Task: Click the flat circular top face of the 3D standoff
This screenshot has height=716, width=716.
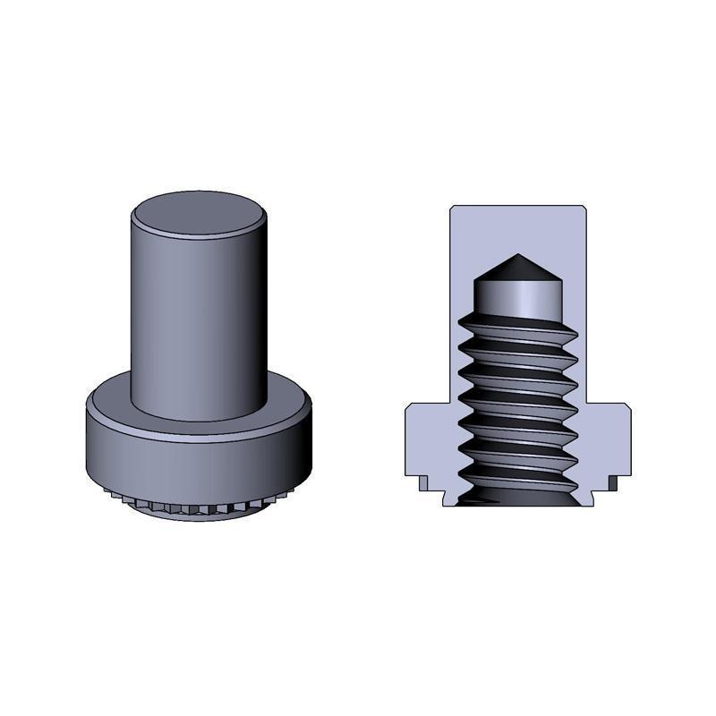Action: [x=199, y=215]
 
